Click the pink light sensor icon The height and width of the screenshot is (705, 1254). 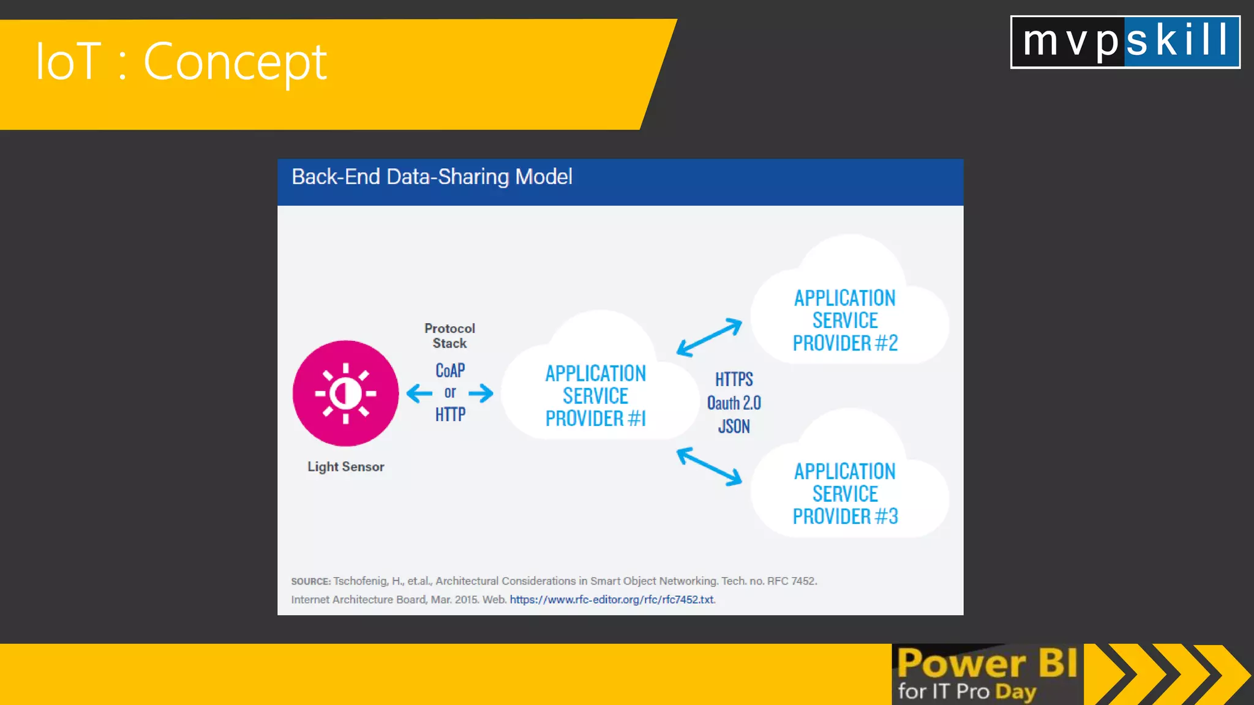point(345,393)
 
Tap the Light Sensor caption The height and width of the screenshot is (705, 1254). point(345,467)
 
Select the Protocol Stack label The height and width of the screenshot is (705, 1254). point(449,336)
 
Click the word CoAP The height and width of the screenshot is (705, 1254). point(450,370)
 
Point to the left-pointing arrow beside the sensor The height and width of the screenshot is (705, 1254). point(419,393)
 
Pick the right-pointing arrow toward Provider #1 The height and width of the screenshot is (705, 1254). point(481,393)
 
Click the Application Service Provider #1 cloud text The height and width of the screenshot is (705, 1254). point(595,396)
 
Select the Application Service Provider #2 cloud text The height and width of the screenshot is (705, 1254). point(845,320)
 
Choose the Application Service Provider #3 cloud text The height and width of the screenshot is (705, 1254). point(845,493)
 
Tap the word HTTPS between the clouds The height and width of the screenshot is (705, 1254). point(734,379)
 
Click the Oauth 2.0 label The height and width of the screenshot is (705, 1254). point(734,403)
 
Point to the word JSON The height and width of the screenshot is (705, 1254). point(734,426)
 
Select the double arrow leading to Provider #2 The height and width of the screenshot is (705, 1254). point(709,337)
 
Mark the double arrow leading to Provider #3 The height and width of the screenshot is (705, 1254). point(709,466)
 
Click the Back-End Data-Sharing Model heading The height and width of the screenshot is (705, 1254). point(432,177)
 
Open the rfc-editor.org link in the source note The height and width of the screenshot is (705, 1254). point(612,600)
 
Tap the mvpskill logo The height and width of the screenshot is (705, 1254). point(1125,42)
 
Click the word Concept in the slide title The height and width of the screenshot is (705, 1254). point(235,62)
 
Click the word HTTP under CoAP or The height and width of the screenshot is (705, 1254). point(450,415)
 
